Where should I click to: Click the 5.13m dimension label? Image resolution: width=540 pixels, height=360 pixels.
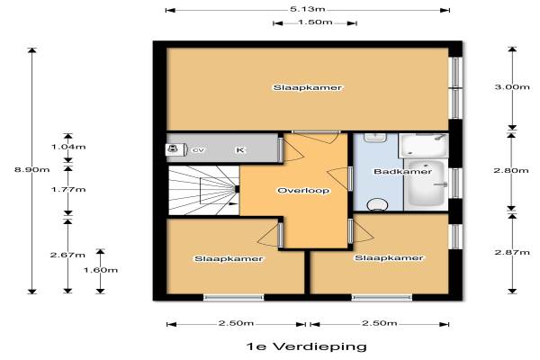coord(308,9)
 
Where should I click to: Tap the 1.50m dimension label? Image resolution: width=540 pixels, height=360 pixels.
coord(315,22)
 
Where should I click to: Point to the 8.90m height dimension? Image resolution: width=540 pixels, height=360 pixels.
coord(32,169)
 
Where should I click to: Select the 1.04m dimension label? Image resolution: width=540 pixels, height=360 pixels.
coord(68,147)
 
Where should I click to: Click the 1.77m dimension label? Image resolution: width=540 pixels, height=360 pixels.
coord(68,190)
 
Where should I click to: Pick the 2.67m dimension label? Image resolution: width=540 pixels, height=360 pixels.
coord(67,255)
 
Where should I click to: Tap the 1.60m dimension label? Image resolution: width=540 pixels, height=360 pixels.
coord(101,270)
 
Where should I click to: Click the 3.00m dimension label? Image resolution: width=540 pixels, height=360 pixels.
coord(512,86)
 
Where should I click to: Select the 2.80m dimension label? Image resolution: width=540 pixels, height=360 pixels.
coord(511,170)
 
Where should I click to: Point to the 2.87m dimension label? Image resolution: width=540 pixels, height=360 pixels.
coord(512,252)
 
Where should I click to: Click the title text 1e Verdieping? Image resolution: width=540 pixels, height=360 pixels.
coord(307,346)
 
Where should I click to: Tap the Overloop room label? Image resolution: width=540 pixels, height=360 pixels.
coord(303,191)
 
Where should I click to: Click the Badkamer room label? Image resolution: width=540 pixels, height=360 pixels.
coord(402,171)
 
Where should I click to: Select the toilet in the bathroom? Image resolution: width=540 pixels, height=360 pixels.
coord(377,205)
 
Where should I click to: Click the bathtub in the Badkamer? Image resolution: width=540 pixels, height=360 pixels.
coord(427,184)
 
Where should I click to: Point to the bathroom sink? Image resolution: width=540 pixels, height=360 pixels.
coord(375,138)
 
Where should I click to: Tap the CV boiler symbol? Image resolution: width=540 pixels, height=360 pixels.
coord(176,149)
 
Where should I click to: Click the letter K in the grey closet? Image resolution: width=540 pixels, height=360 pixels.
coord(240,150)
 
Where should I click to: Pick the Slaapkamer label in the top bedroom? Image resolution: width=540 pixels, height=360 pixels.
coord(308,87)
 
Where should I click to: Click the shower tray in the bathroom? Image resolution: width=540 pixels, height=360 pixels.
coord(424,146)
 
